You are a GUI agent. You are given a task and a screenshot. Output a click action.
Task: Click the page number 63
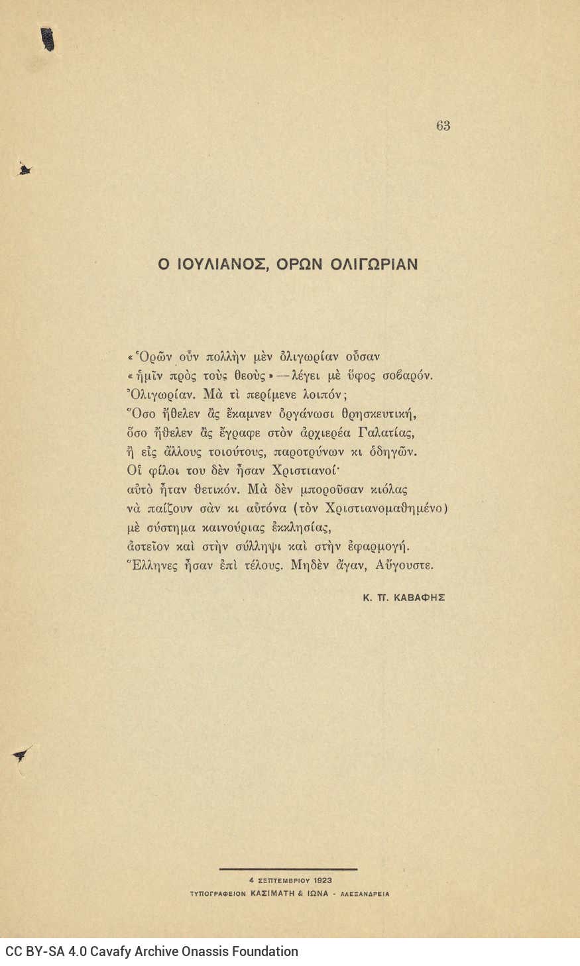coord(443,126)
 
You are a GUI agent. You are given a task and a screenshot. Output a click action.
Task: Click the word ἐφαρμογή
coord(380,547)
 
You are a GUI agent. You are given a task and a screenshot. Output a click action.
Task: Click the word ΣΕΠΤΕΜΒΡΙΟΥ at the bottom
coord(280,881)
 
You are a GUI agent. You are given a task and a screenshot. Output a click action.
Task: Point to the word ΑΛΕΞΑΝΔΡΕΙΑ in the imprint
coord(365,894)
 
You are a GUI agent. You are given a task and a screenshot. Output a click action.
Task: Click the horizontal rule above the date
coord(288,869)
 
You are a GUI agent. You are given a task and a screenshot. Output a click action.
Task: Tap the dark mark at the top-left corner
coord(48,40)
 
